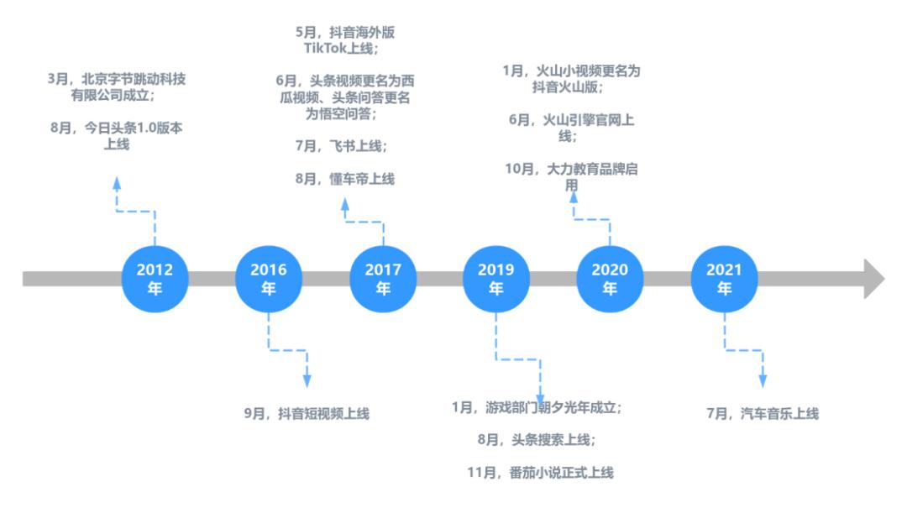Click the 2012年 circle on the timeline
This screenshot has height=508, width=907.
(x=155, y=279)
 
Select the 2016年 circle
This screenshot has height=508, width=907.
(x=268, y=279)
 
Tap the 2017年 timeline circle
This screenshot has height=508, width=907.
(x=382, y=279)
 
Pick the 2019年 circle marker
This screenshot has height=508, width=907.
(x=495, y=279)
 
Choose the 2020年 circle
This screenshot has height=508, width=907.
(x=609, y=279)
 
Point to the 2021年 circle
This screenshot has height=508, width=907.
(x=723, y=279)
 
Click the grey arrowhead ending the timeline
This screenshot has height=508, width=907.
(x=873, y=279)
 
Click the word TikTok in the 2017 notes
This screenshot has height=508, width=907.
(x=328, y=50)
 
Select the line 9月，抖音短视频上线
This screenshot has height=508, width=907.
(x=307, y=413)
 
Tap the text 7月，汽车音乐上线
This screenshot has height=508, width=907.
(x=763, y=413)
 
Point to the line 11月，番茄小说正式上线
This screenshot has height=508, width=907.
(x=541, y=473)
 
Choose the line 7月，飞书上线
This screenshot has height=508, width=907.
(x=341, y=146)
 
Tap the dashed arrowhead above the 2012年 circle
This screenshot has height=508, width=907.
(x=116, y=183)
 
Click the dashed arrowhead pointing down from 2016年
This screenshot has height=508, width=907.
(x=307, y=380)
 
